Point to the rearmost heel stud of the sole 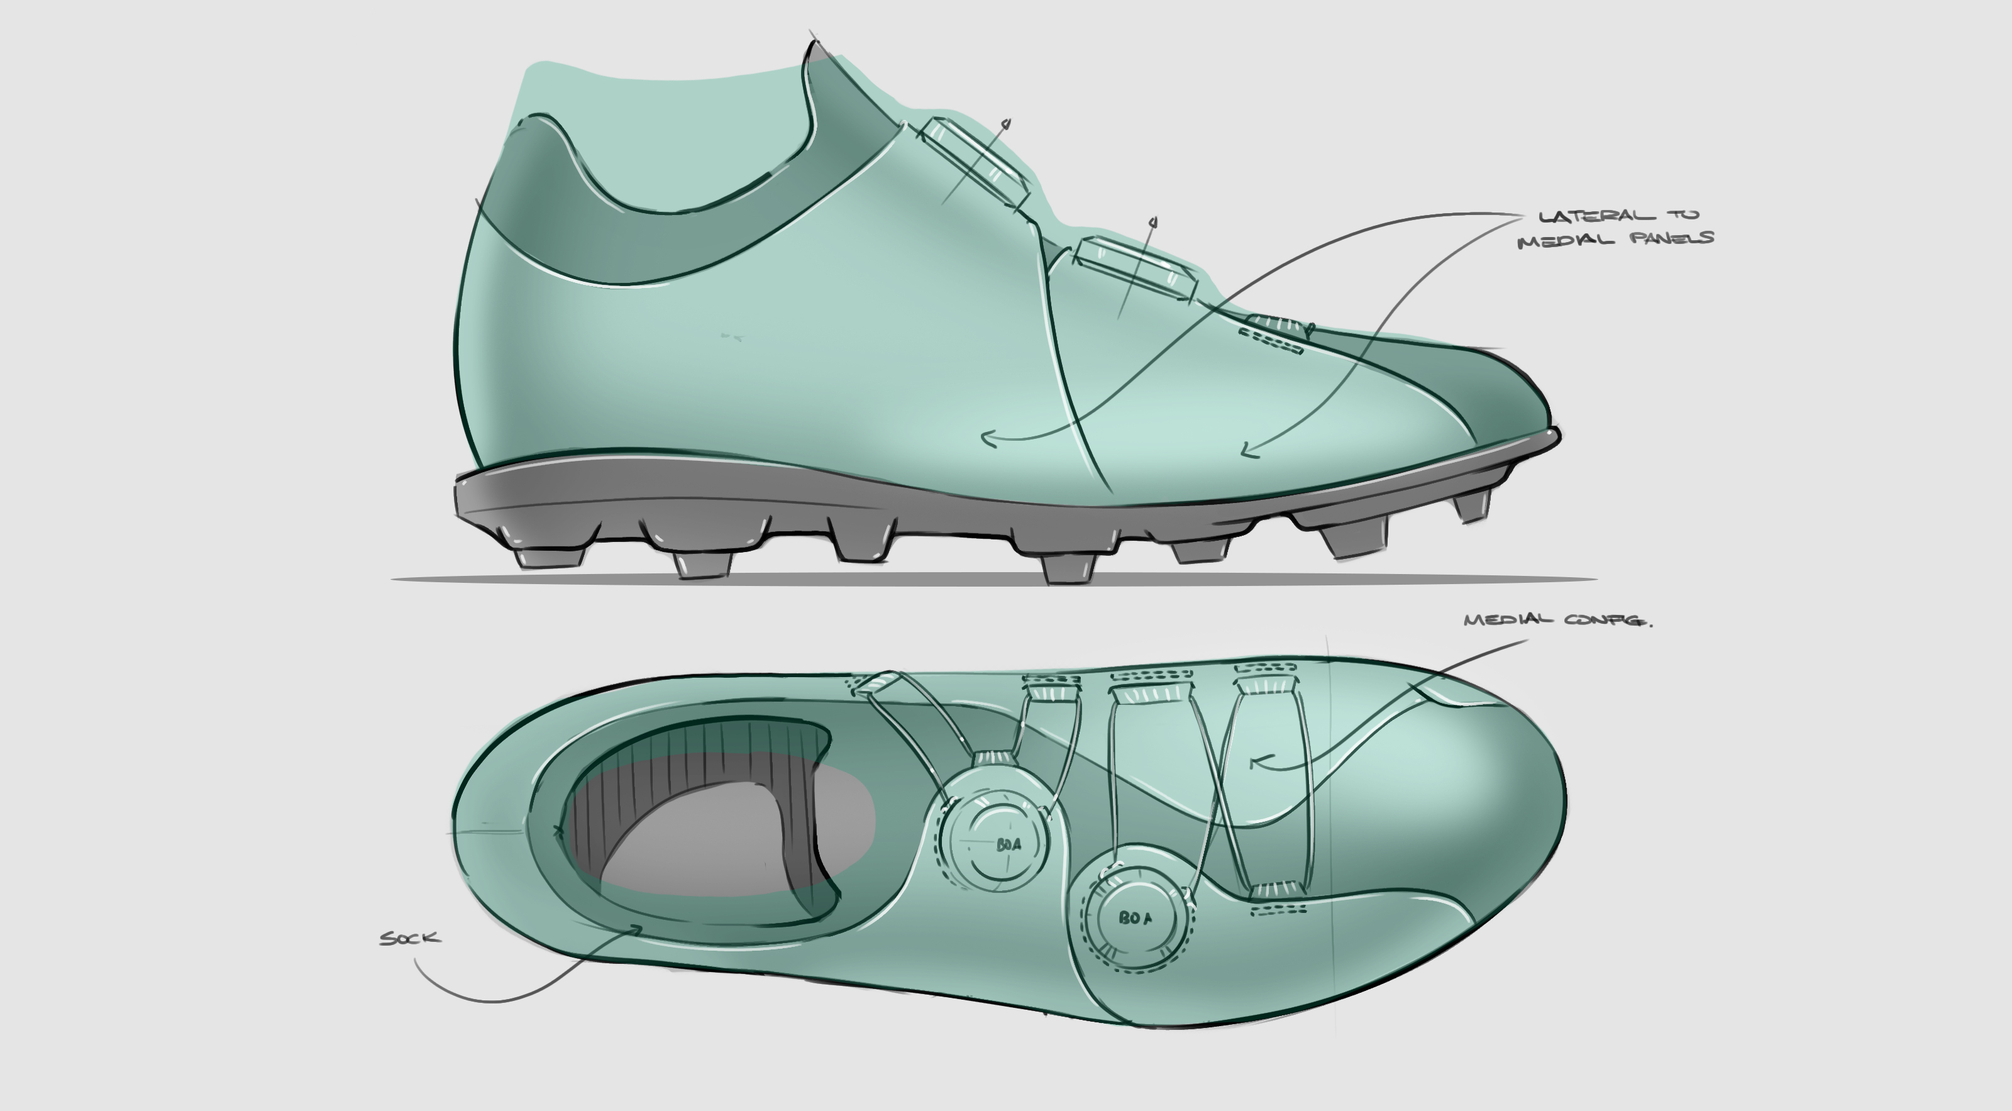(x=549, y=556)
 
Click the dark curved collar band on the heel (x=625, y=235)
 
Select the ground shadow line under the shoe (x=992, y=580)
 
